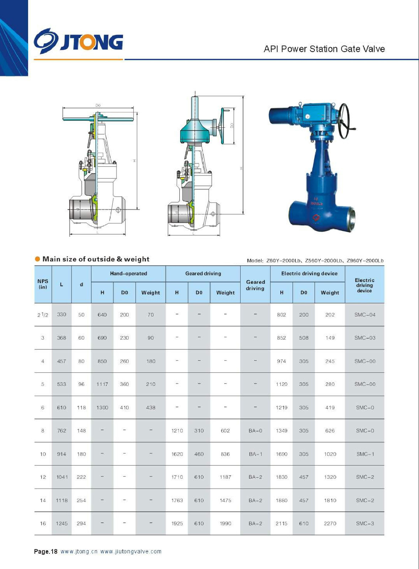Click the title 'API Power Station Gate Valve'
click(x=324, y=49)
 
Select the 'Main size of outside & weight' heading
click(x=96, y=259)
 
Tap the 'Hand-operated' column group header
click(x=128, y=273)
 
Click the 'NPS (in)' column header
click(x=43, y=284)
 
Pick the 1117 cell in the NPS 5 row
click(x=102, y=384)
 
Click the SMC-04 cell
click(x=365, y=315)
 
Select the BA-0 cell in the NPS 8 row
click(x=255, y=431)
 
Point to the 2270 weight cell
click(x=330, y=523)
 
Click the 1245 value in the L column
click(x=62, y=523)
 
